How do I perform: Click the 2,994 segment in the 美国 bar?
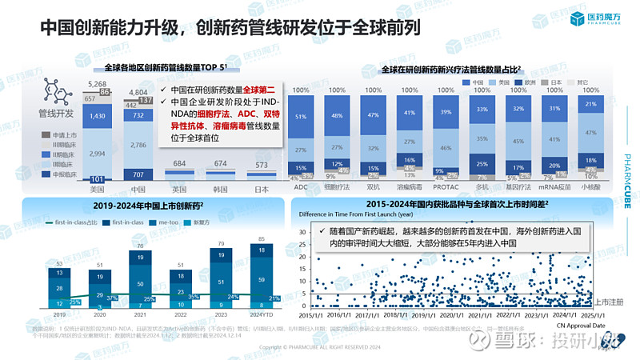pos(97,152)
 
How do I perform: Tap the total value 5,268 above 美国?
pos(97,84)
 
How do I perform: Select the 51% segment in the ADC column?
pos(302,116)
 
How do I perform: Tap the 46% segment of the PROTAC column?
pos(446,148)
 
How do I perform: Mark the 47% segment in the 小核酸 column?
pos(591,131)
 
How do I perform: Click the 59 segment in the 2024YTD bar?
pos(262,279)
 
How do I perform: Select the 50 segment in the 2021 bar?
pos(141,283)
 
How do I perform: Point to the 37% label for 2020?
pos(112,298)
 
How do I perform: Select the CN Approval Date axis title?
pos(583,326)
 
